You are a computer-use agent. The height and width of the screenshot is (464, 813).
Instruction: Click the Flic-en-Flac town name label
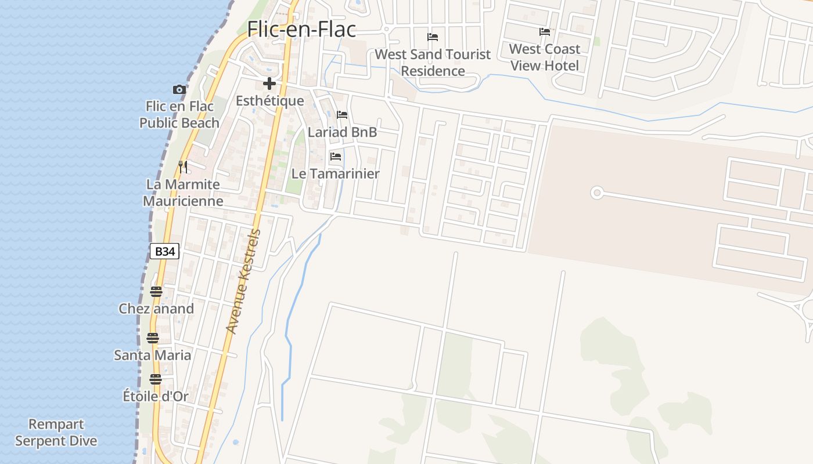pos(301,29)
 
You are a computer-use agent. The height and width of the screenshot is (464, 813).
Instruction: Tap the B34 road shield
pos(165,251)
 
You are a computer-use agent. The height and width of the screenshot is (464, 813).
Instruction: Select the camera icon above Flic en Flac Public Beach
pos(179,89)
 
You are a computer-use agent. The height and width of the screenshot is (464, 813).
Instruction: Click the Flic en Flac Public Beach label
pos(179,114)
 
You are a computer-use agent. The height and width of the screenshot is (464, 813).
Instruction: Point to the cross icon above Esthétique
pos(269,84)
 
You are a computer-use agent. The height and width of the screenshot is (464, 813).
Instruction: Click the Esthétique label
pos(269,101)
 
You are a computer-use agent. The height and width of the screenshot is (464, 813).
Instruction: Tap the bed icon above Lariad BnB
pos(342,115)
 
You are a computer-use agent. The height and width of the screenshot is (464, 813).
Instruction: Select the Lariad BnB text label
pos(342,132)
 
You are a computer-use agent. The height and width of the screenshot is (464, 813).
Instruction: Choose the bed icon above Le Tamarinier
pos(335,157)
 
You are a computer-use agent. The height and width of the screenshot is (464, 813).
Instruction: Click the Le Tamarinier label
pos(335,173)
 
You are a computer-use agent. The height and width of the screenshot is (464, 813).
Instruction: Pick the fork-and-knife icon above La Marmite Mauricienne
pos(183,167)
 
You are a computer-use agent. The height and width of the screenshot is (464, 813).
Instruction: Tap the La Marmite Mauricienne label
pos(183,193)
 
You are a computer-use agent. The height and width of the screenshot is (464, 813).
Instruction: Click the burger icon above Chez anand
pos(156,291)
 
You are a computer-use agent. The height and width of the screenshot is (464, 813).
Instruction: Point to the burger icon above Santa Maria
pos(153,338)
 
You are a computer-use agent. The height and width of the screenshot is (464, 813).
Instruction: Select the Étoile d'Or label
pos(156,397)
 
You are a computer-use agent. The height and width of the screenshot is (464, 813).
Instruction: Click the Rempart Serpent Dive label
pos(56,433)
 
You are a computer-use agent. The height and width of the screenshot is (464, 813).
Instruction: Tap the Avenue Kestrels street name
pos(243,282)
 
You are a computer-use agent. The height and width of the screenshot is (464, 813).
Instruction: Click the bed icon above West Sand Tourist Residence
pos(433,37)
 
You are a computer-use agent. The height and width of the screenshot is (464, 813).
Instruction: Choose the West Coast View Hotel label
pos(545,57)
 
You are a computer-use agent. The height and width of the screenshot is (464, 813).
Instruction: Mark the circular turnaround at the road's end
pos(596,193)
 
